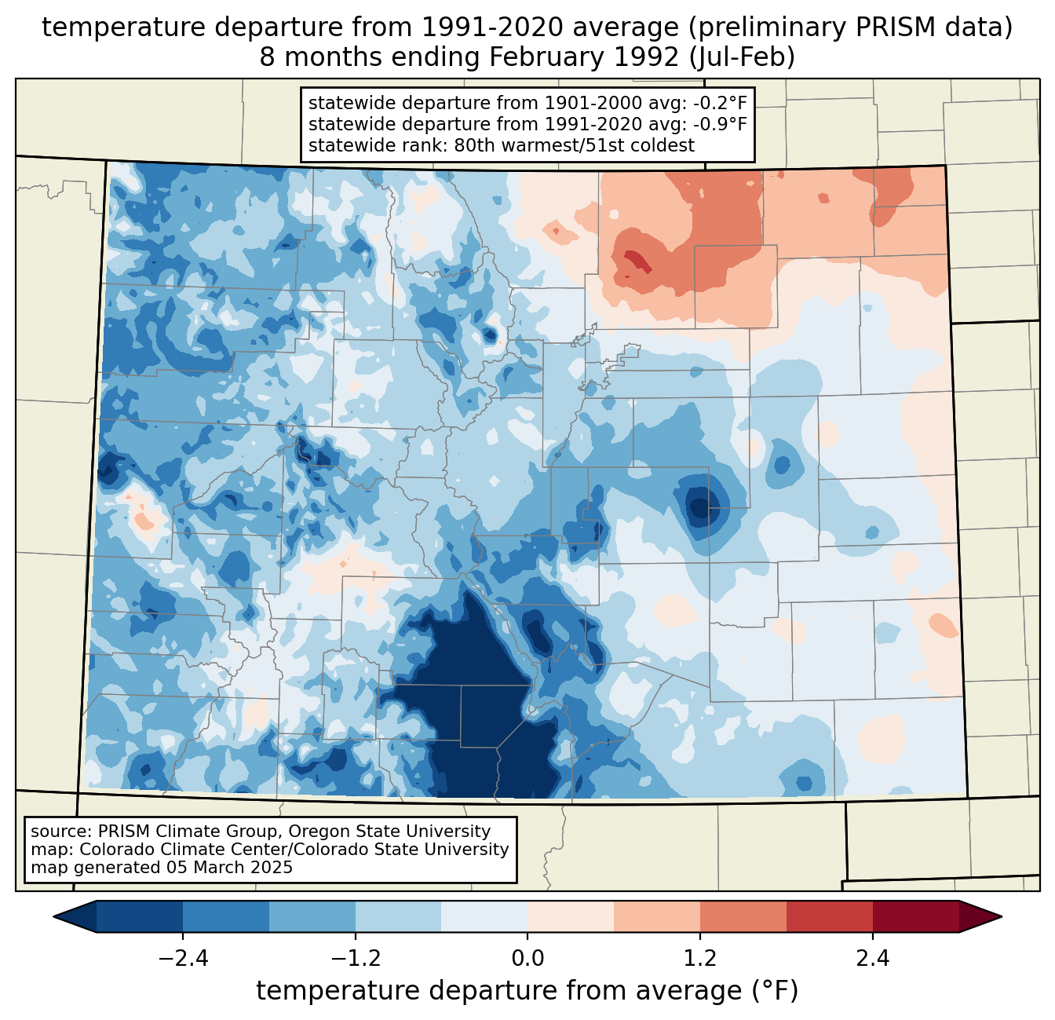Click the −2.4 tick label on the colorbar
tap(182, 959)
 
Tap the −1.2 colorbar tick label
tap(355, 959)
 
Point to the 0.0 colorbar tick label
tap(527, 959)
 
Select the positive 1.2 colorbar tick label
tap(700, 959)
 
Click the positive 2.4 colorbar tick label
tap(873, 959)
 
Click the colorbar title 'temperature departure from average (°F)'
tap(527, 991)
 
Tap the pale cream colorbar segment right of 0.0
tap(571, 916)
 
